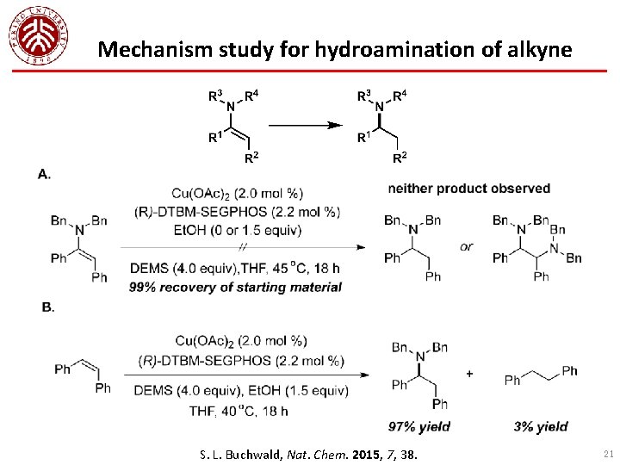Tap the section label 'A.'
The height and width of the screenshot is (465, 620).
tap(44, 174)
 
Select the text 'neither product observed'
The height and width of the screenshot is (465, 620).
tap(469, 189)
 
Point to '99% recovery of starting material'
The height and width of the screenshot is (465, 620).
tap(235, 288)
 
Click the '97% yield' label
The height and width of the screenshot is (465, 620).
tap(419, 426)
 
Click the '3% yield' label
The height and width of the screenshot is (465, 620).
tap(540, 426)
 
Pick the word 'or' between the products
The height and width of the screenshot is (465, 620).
tap(466, 246)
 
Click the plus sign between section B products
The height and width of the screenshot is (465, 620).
tap(469, 373)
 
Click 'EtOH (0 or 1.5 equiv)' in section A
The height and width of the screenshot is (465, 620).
tap(237, 230)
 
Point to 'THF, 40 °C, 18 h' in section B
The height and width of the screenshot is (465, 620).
tap(238, 411)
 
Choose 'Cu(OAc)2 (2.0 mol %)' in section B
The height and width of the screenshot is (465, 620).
tap(238, 341)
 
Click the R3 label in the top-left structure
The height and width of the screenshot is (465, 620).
tap(216, 96)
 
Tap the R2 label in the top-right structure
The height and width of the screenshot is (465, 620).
tap(399, 158)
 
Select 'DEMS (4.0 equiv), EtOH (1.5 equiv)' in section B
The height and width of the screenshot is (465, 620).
tap(239, 392)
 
